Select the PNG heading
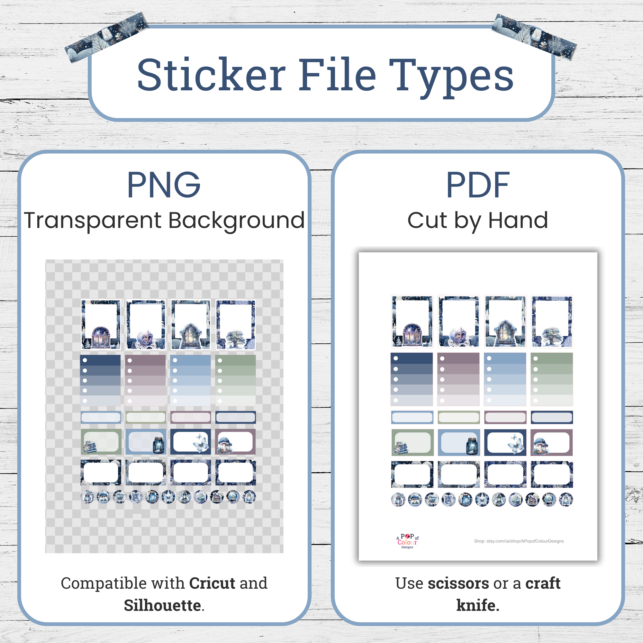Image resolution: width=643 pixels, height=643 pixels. click(x=164, y=185)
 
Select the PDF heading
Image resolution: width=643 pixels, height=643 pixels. click(x=478, y=185)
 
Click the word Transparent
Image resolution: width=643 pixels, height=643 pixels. click(x=93, y=221)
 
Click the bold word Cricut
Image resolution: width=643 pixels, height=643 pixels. click(x=212, y=583)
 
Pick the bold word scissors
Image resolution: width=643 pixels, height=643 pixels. click(x=458, y=583)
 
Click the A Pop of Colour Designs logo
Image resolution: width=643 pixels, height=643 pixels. click(x=407, y=541)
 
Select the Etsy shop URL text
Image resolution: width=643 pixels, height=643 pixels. click(x=519, y=541)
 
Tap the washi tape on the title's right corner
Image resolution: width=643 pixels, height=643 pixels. click(x=534, y=37)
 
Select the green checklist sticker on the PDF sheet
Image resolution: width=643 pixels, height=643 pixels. click(x=551, y=379)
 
